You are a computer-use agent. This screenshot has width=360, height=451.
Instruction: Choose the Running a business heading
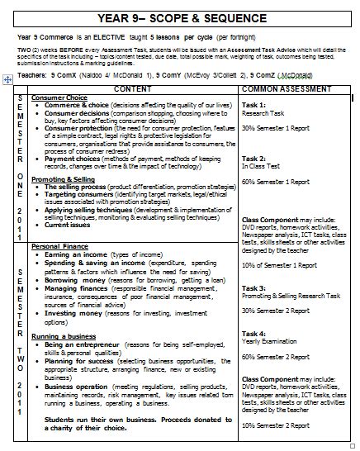coord(62,336)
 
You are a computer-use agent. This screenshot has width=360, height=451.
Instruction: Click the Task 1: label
coord(253,105)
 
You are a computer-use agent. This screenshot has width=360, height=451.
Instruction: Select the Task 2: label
coord(253,156)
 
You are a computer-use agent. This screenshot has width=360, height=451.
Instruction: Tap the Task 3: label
coord(253,287)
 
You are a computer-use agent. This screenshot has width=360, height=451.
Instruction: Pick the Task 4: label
coord(253,331)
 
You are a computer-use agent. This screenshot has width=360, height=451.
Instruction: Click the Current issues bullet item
coord(69,224)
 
